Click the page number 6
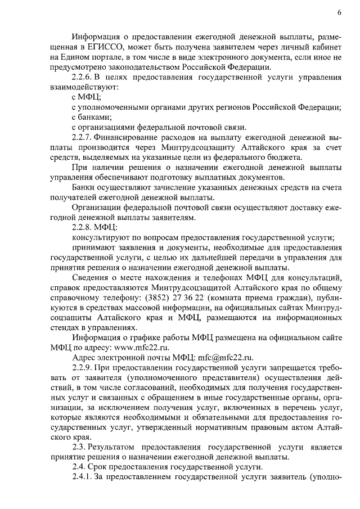pos(340,12)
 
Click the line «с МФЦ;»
pos(86,97)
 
